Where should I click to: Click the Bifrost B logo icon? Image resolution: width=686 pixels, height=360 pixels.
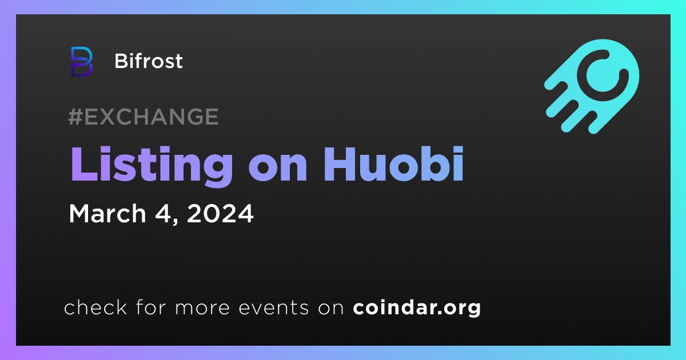click(x=81, y=62)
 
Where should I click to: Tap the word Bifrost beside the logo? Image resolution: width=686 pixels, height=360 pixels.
click(x=149, y=61)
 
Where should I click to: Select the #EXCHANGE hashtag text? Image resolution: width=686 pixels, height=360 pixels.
click(x=143, y=117)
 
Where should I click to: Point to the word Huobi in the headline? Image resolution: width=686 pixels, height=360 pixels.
click(x=393, y=165)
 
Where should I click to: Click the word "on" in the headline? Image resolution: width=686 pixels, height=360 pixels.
click(x=278, y=169)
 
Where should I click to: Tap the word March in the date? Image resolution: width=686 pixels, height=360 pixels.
click(x=107, y=213)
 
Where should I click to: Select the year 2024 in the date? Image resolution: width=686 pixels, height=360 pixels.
click(x=220, y=213)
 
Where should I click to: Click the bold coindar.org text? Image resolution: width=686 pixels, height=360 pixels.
click(x=417, y=308)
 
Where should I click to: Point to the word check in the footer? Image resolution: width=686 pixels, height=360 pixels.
click(x=95, y=307)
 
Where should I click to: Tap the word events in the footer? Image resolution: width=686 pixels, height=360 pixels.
click(x=273, y=307)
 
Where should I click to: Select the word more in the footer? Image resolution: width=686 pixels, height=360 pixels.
click(x=202, y=309)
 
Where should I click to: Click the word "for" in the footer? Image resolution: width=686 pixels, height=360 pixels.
click(x=151, y=307)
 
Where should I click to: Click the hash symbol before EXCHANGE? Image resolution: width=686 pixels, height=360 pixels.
click(x=75, y=117)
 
